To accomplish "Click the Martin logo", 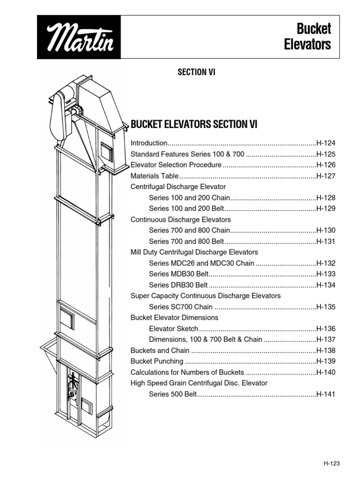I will coord(79,37).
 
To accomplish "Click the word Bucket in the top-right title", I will coord(314,29).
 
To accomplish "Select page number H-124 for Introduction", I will coord(326,143).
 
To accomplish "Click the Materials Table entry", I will coord(154,176).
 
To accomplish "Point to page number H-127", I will coord(326,176).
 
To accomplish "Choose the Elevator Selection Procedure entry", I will coord(176,165).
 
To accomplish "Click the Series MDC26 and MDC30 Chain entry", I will coord(202,263).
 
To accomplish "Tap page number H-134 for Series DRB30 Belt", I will coord(326,285).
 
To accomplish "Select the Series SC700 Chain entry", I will coord(181,307).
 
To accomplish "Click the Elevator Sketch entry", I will coord(173,329).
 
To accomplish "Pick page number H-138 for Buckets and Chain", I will coord(326,351).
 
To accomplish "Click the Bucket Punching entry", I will coord(157,361).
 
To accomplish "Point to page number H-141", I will coord(326,394).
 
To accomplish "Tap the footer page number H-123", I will coord(331,463).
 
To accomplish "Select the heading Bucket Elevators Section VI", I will coord(194,124).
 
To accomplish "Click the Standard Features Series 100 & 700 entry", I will coord(187,154).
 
